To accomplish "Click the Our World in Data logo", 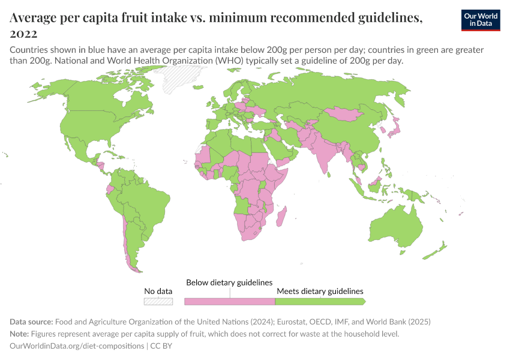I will point(481,20).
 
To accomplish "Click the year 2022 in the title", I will point(23,34).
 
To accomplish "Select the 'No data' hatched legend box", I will point(158,301).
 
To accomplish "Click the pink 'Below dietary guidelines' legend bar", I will point(229,301).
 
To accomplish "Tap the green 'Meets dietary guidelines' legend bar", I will point(319,301).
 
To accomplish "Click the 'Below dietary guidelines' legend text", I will point(229,283).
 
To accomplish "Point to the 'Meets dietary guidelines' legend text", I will point(320,291).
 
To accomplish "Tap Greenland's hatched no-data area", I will point(184,78).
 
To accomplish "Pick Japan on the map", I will point(394,127).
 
